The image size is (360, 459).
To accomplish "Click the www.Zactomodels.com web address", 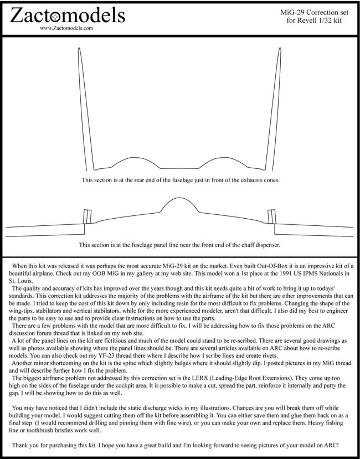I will pyautogui.click(x=66, y=26).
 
